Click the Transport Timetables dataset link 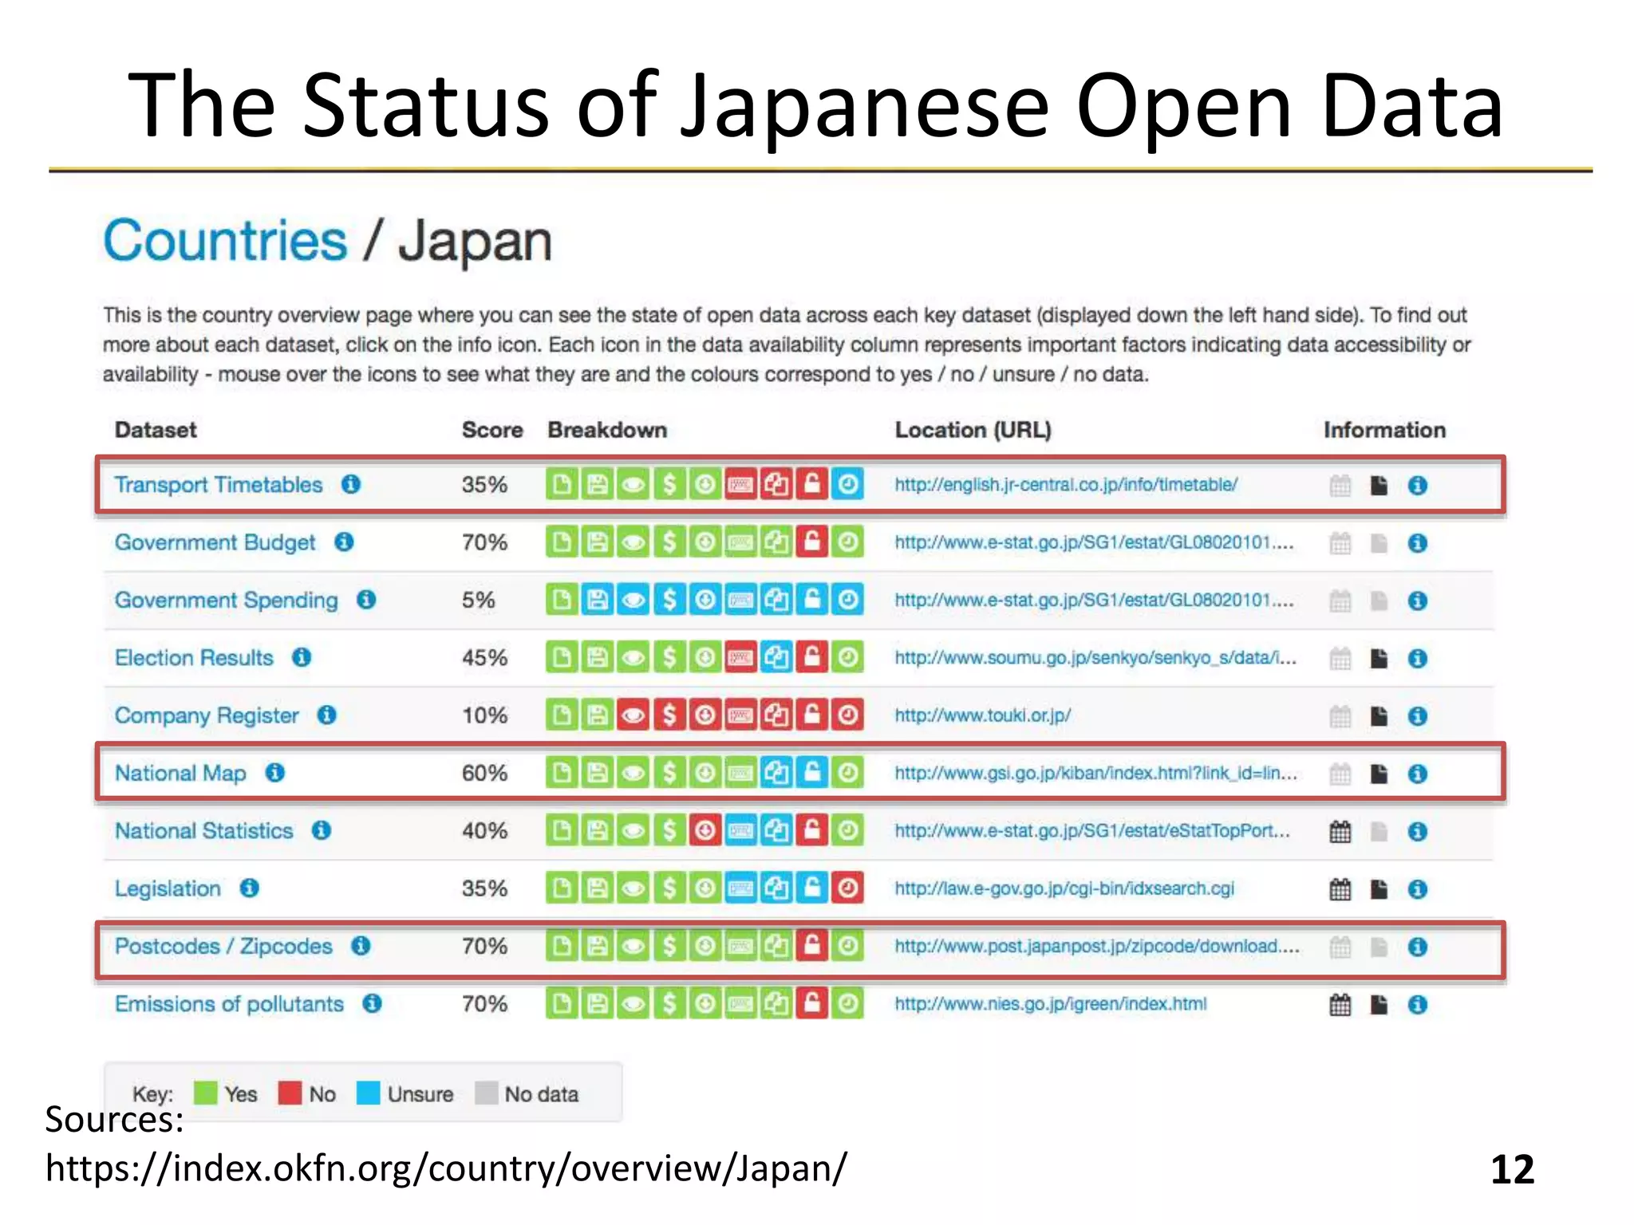218,485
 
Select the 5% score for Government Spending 478,600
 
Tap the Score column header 491,430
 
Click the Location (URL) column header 973,430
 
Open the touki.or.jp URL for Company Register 982,715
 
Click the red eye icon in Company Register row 633,715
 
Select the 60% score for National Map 484,773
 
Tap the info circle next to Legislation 250,888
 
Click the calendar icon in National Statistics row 1340,832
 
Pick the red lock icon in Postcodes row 812,946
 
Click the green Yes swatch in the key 206,1093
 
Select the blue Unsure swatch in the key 368,1093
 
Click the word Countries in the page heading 226,241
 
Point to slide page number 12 1512,1169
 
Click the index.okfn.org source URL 446,1168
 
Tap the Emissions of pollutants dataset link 229,1004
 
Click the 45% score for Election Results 484,658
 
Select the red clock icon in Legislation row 847,888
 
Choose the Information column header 1384,430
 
